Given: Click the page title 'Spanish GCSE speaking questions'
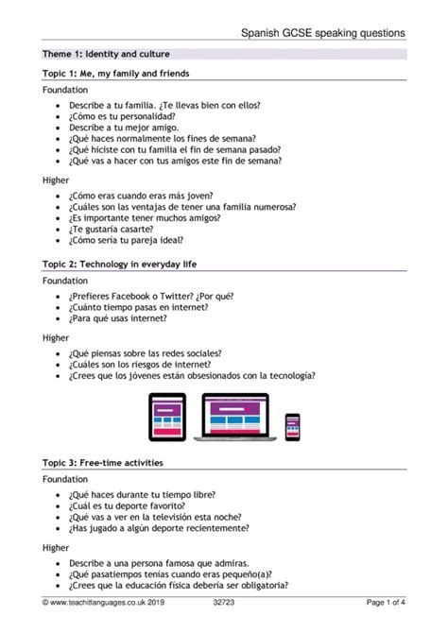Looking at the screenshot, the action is coord(322,32).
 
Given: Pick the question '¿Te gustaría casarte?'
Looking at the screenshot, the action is coord(109,229).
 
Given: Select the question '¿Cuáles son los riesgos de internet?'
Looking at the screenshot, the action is coord(140,363).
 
